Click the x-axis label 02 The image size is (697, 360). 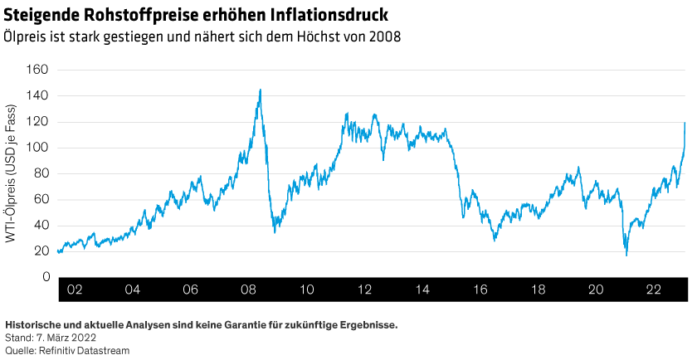75,290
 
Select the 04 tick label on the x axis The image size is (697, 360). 132,290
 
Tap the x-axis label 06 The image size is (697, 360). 190,290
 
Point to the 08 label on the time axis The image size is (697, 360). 248,290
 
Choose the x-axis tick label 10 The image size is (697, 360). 306,290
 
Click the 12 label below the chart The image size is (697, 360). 364,290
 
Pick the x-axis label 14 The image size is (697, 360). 422,290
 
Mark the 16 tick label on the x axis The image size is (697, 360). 480,290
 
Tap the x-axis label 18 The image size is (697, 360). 538,290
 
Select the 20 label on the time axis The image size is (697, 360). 596,290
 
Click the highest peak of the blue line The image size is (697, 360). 261,90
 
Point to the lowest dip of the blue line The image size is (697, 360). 626,255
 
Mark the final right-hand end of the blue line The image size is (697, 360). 685,123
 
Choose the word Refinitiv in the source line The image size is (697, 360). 54,349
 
